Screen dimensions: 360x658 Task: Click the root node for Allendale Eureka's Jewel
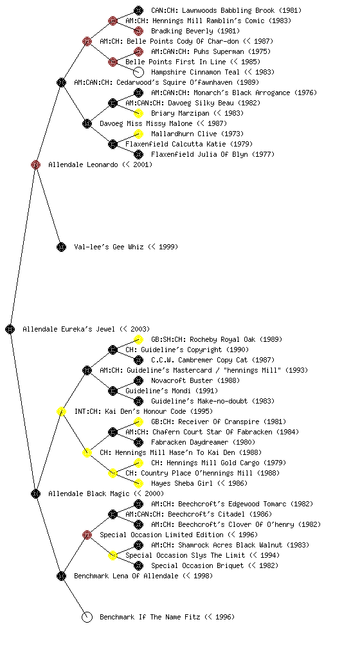pos(10,329)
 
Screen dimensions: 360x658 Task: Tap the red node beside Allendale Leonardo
pos(35,164)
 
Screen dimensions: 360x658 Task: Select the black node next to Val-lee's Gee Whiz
pos(61,247)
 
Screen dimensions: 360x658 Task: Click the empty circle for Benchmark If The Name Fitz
pos(87,617)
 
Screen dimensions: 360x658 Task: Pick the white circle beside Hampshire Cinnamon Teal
pos(138,72)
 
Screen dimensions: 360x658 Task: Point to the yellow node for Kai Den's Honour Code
pos(61,411)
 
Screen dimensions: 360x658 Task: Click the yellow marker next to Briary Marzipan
pos(138,113)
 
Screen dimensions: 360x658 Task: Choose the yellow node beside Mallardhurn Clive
pos(138,134)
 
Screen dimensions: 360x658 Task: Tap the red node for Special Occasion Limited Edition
pos(87,535)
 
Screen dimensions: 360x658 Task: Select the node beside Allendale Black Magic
pos(35,493)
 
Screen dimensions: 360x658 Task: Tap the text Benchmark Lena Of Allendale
pos(126,576)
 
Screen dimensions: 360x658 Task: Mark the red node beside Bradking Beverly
pos(138,31)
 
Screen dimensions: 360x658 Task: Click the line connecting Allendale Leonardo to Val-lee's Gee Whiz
pos(49,206)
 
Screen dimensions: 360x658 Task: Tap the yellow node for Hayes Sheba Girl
pos(138,483)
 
